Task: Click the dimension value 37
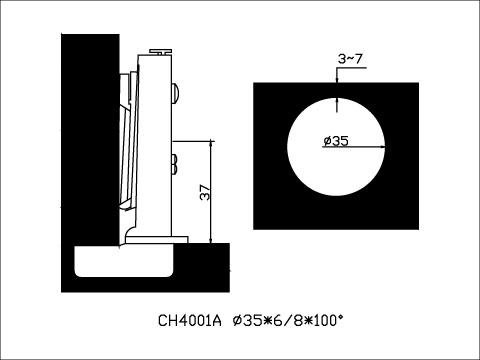coord(203,193)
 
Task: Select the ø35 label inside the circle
coord(336,141)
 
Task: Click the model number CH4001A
coord(189,322)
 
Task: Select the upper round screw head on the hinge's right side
coord(176,93)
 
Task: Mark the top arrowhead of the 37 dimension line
coord(213,144)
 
